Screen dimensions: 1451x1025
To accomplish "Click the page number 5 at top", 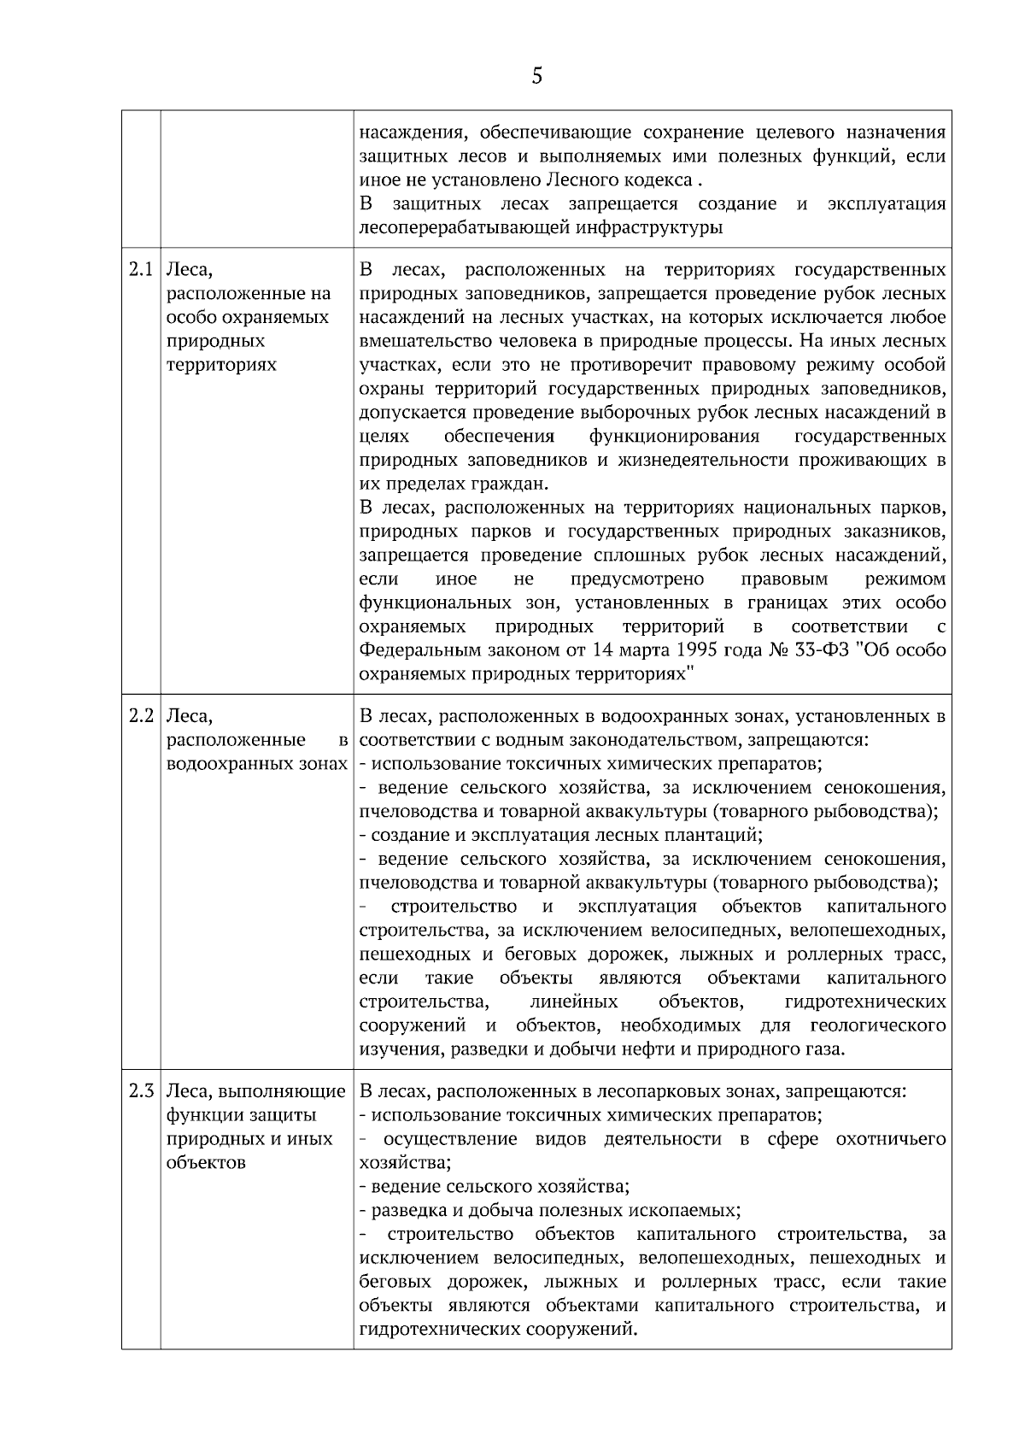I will point(536,77).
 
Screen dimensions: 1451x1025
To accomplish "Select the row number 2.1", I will point(141,271).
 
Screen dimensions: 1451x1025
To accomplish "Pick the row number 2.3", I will point(141,1091).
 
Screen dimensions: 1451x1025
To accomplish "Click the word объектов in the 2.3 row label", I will point(206,1163).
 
